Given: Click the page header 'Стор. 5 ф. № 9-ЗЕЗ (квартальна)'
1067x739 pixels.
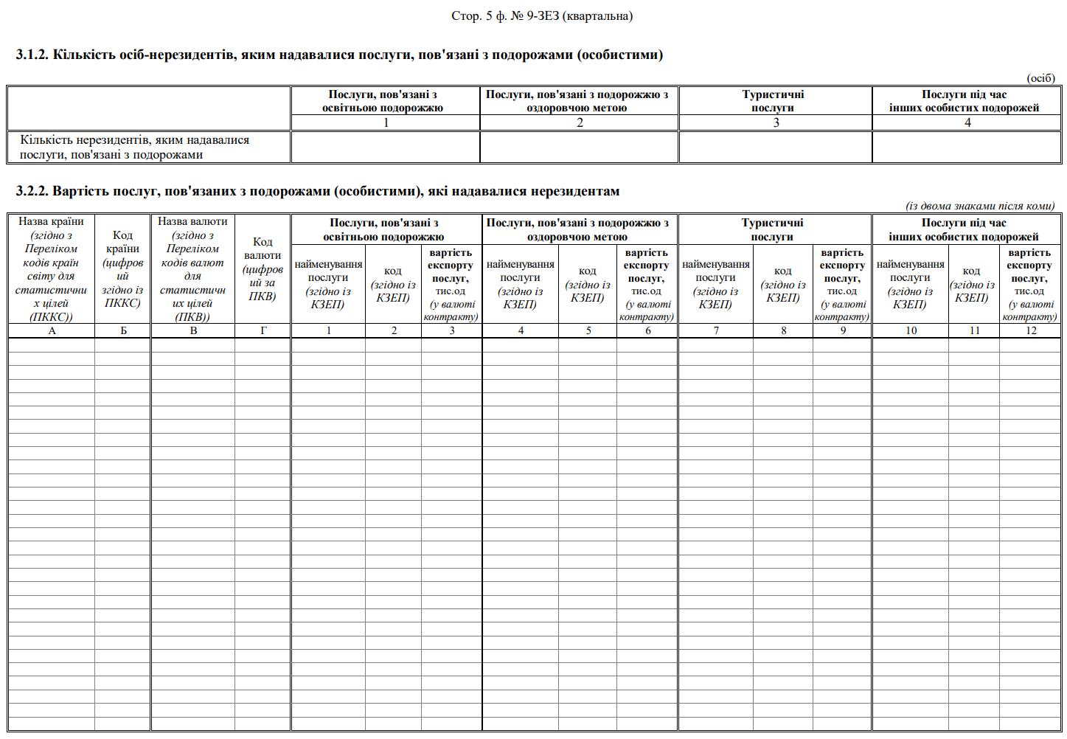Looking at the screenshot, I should pos(541,15).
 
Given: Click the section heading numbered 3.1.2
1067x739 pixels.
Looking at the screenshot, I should pos(339,55).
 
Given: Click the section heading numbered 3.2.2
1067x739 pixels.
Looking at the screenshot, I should pos(317,191).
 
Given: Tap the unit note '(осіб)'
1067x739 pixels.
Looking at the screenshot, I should pos(1040,78).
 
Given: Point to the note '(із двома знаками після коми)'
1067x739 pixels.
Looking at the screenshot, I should pos(979,206).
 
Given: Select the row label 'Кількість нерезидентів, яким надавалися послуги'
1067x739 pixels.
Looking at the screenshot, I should pos(134,147).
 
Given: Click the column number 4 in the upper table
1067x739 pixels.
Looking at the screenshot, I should pos(967,122).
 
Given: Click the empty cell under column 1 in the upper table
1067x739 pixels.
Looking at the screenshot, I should pos(385,147).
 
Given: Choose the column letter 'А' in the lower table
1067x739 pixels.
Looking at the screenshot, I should pos(52,330).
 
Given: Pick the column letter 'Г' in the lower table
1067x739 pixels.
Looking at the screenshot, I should pos(263,330).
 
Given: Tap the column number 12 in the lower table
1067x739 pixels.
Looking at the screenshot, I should pos(1030,330).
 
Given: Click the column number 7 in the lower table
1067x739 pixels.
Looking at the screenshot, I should pos(715,330).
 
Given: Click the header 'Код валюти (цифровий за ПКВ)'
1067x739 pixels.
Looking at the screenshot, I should pos(263,268).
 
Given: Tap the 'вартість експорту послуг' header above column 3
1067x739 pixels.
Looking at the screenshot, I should pos(451,284).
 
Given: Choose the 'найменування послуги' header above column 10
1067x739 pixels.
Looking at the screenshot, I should pos(910,284).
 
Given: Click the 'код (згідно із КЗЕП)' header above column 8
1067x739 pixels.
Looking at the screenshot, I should pos(782,284).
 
